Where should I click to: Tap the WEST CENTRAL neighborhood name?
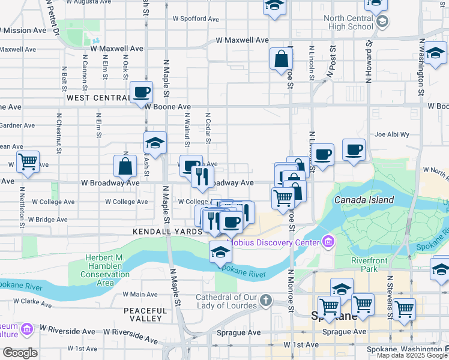[95, 97]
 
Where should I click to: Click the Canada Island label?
[364, 200]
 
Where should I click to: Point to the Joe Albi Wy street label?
[391, 135]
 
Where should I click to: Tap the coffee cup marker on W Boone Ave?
[141, 92]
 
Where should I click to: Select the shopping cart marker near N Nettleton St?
[28, 161]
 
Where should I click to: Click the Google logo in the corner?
[20, 353]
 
